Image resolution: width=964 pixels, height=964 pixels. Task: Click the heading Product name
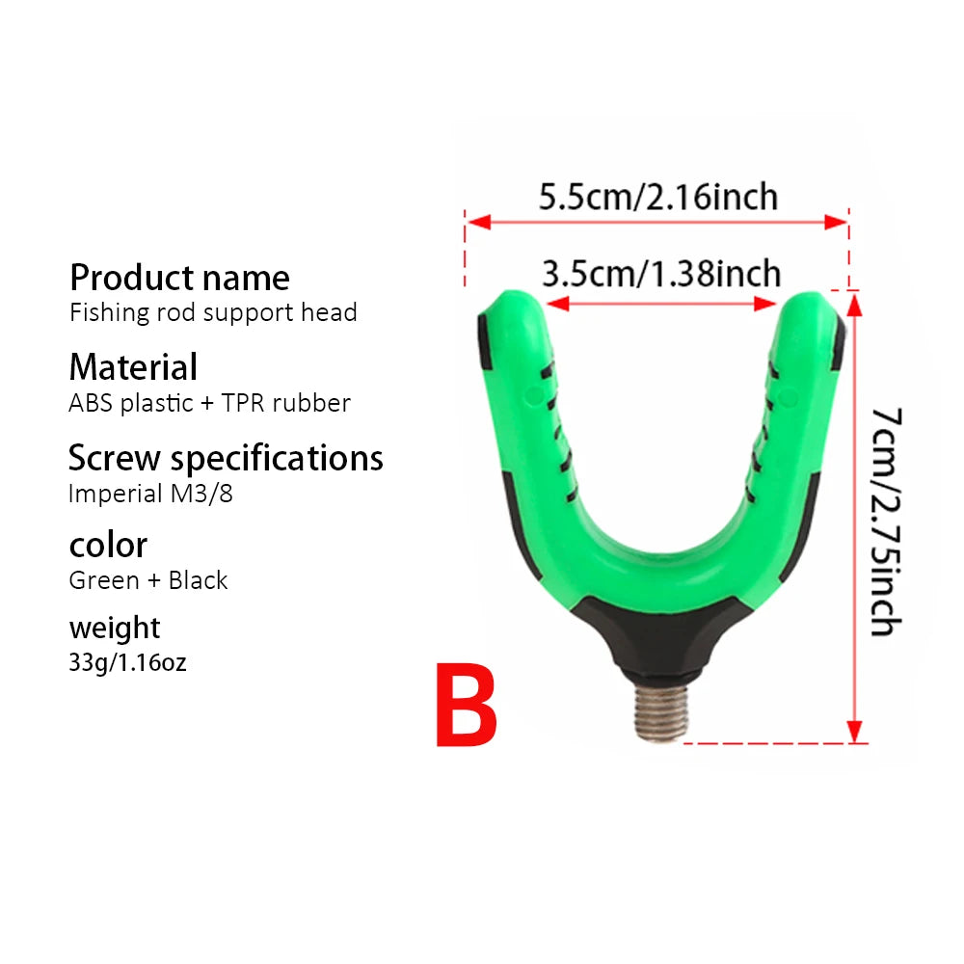pos(179,278)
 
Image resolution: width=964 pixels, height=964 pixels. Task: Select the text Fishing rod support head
pos(213,313)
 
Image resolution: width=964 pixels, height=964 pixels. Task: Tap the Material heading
pos(133,367)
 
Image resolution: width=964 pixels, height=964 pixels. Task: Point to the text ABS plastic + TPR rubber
pos(209,403)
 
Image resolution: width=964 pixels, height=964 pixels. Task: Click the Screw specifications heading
pos(226,459)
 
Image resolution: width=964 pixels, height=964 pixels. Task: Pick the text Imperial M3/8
pos(150,494)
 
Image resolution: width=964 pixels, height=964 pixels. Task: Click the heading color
pos(108,546)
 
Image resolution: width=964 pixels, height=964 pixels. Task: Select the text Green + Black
pos(148,580)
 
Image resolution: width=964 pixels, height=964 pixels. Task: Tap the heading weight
pos(115,629)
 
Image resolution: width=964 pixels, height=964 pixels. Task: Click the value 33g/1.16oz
pos(127,663)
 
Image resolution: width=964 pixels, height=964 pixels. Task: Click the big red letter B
pos(466,706)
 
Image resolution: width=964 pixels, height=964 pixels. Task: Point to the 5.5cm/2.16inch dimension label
pos(657,197)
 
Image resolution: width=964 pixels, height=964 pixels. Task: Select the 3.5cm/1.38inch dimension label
pos(661,274)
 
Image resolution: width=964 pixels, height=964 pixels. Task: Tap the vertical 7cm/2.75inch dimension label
pos(887,522)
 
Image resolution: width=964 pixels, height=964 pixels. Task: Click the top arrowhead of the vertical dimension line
pos(854,305)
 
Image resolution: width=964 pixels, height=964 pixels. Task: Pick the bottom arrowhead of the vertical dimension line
pos(854,732)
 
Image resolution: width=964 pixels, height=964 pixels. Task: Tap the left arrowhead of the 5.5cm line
pos(478,222)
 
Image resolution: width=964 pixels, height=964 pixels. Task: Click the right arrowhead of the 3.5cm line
pos(764,304)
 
